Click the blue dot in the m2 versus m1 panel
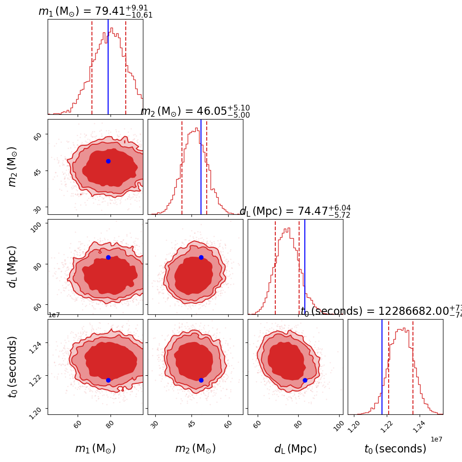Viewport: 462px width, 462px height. pyautogui.click(x=108, y=161)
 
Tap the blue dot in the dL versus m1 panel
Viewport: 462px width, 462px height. pyautogui.click(x=108, y=257)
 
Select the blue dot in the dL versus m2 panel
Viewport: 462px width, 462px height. pyautogui.click(x=201, y=257)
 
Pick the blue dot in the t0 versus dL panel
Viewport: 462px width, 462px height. pyautogui.click(x=305, y=380)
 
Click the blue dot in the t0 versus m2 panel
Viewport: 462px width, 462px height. pyautogui.click(x=201, y=380)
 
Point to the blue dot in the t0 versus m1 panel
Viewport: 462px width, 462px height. pyautogui.click(x=108, y=380)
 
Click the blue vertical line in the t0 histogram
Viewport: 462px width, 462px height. pyautogui.click(x=382, y=367)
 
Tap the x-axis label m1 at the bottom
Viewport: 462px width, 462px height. pyautogui.click(x=95, y=449)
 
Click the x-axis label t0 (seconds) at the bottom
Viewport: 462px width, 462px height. pyautogui.click(x=395, y=449)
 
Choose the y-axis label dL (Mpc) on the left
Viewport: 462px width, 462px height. pyautogui.click(x=13, y=267)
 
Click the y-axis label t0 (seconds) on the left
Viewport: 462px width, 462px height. pyautogui.click(x=13, y=367)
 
